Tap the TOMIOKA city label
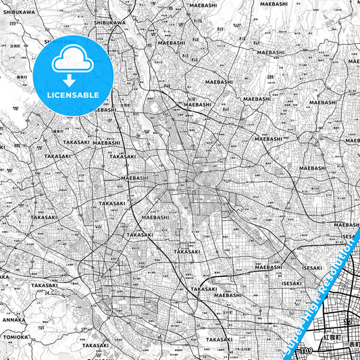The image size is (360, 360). [x=15, y=336]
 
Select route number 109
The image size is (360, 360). [x=306, y=351]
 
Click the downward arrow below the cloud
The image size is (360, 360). [x=70, y=80]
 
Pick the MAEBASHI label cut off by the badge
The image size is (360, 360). [x=101, y=109]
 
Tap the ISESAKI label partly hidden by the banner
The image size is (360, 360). [x=349, y=236]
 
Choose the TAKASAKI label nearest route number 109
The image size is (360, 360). [x=219, y=339]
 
